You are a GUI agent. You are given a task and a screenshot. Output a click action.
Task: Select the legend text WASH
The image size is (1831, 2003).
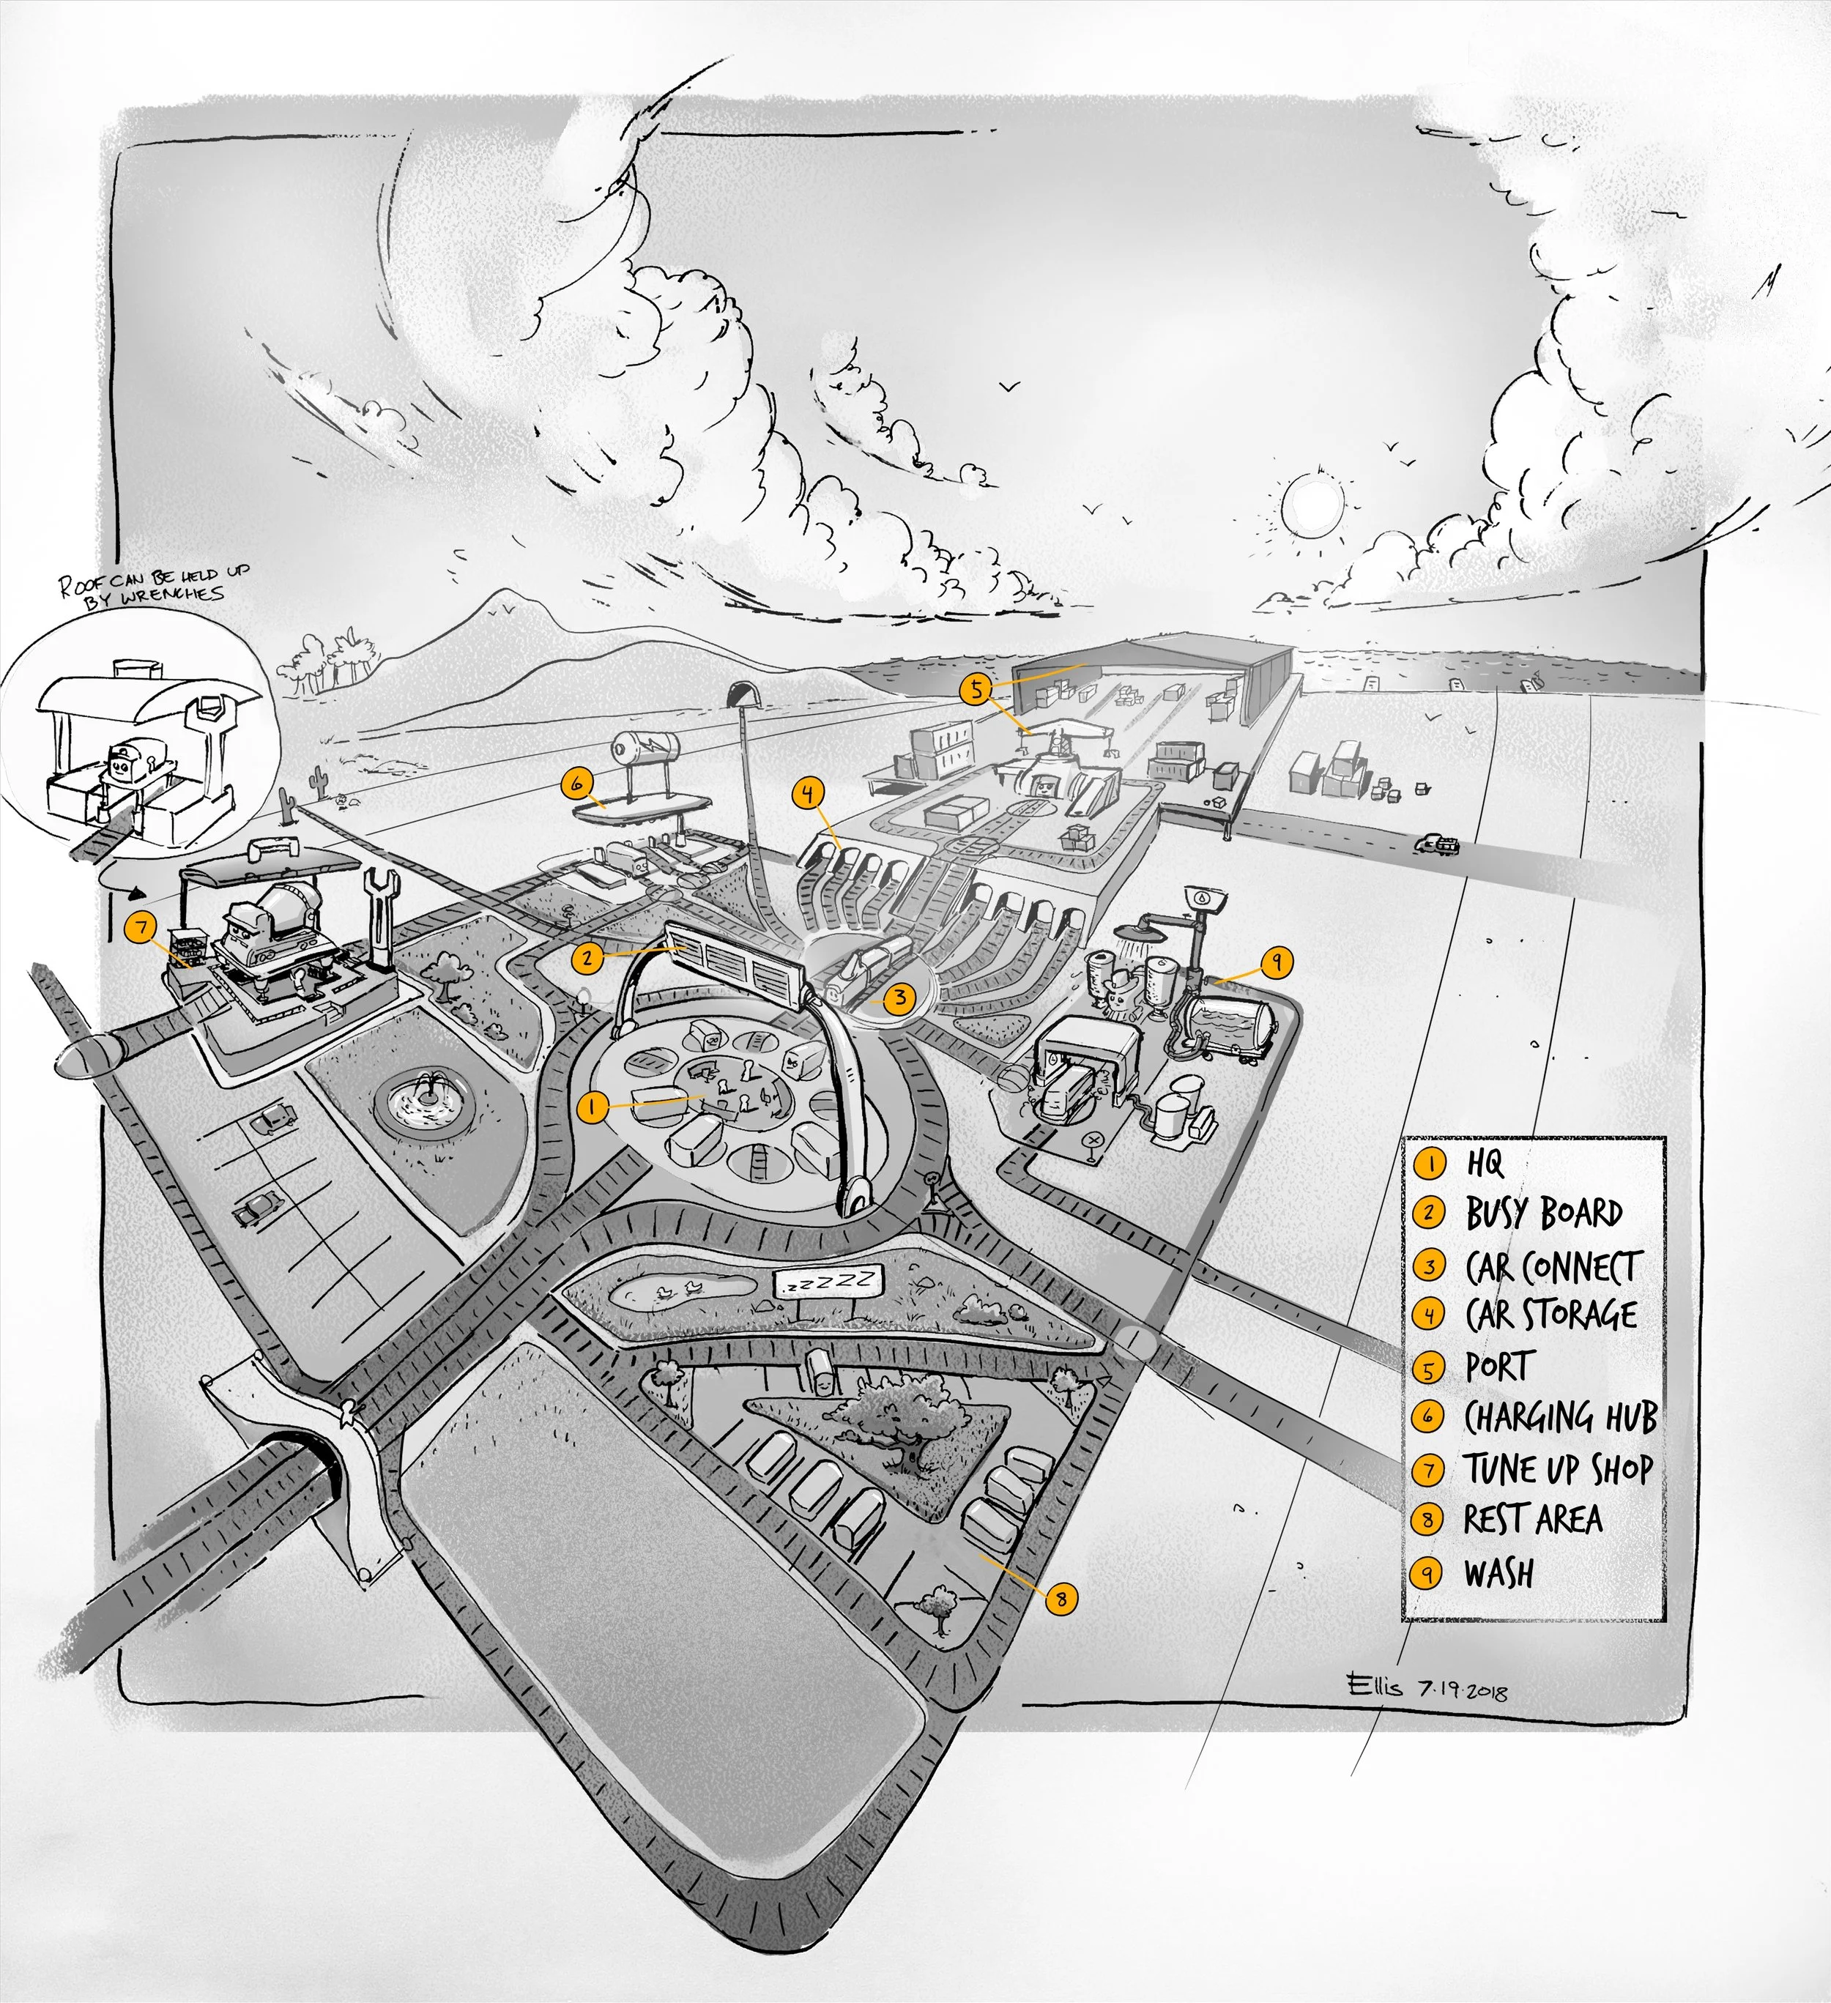(1498, 1574)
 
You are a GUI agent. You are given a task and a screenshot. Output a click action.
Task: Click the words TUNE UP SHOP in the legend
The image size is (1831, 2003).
(1557, 1469)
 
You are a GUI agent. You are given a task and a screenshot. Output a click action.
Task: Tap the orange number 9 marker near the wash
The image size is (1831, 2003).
(1277, 961)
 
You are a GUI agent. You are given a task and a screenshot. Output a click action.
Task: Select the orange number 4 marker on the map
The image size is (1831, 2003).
(809, 793)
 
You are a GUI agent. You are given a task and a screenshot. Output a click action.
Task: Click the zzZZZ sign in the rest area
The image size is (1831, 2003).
(828, 1282)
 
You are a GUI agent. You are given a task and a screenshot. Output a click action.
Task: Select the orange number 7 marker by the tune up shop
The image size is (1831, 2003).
(142, 928)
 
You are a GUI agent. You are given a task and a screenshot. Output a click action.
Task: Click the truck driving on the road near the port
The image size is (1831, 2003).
(1438, 844)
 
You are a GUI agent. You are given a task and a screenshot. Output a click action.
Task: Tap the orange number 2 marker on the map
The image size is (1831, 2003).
(588, 958)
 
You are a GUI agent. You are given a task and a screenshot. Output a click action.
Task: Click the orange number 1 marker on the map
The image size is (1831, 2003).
(593, 1107)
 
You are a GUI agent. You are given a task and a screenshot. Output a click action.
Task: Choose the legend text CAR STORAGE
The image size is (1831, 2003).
(1550, 1315)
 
